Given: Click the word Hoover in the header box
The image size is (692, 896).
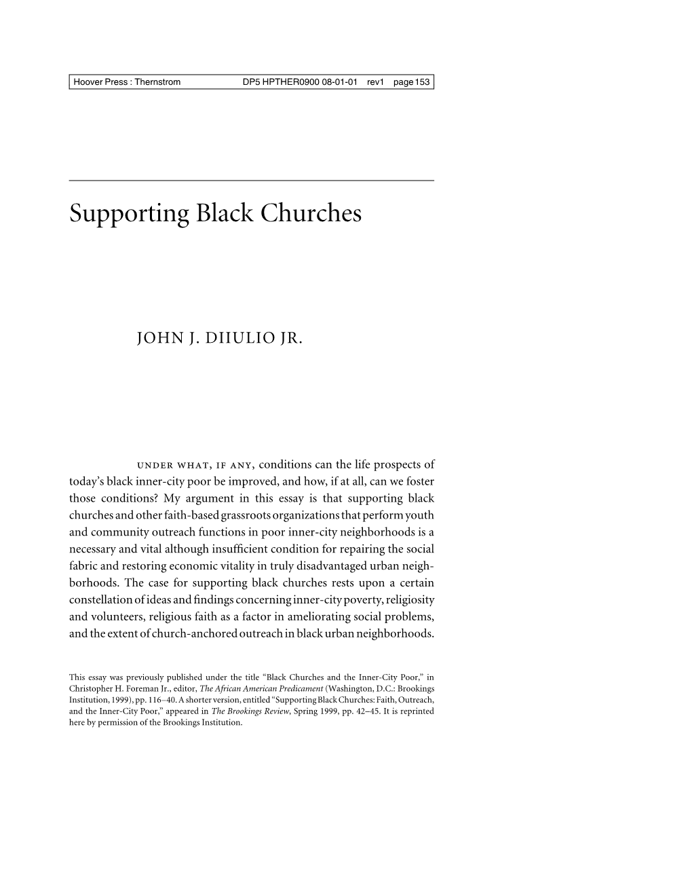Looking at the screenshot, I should (x=88, y=82).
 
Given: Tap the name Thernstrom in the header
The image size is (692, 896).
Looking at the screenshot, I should (x=158, y=82).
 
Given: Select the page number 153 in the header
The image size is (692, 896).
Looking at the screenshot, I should (x=423, y=82).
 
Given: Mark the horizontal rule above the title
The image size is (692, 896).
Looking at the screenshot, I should (x=251, y=181).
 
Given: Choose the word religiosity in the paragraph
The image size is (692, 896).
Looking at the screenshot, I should (x=409, y=600).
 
